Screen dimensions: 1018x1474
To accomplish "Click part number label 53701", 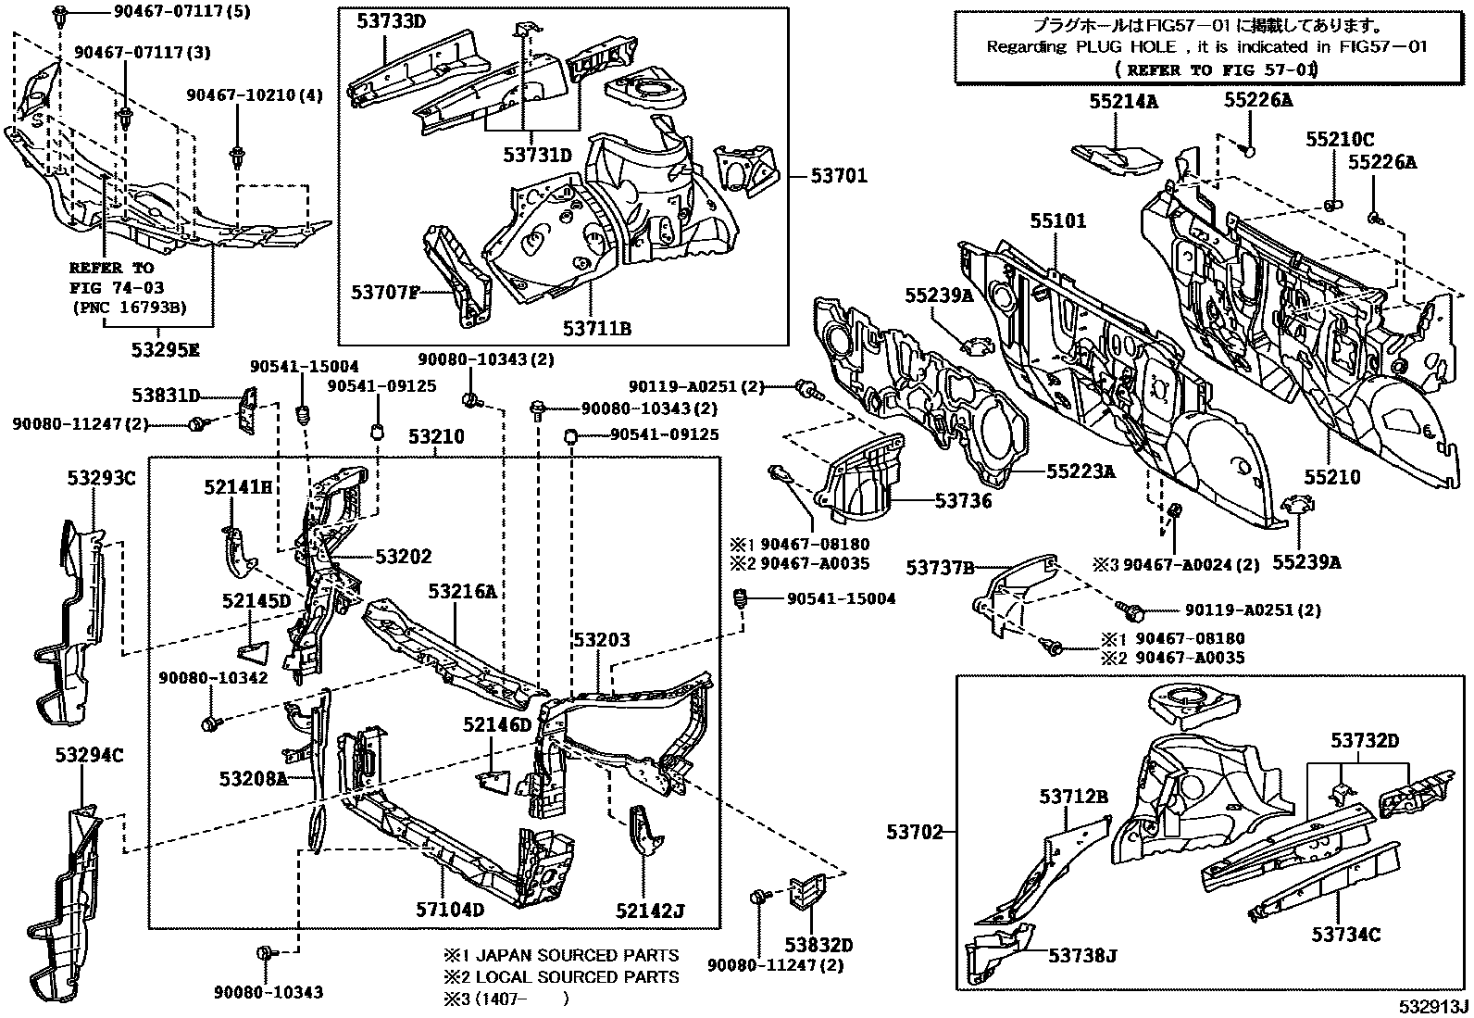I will (840, 175).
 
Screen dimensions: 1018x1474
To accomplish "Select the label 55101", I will (1058, 221).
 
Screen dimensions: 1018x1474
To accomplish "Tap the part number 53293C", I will (101, 478).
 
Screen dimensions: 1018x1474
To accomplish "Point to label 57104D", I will (450, 909).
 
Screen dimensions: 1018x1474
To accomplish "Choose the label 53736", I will (963, 501).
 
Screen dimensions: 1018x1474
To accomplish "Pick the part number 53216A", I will (462, 591).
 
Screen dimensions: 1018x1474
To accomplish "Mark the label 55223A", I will (1081, 471).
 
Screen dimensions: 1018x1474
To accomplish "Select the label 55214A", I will (1123, 102).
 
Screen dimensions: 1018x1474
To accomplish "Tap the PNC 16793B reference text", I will (129, 308).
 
